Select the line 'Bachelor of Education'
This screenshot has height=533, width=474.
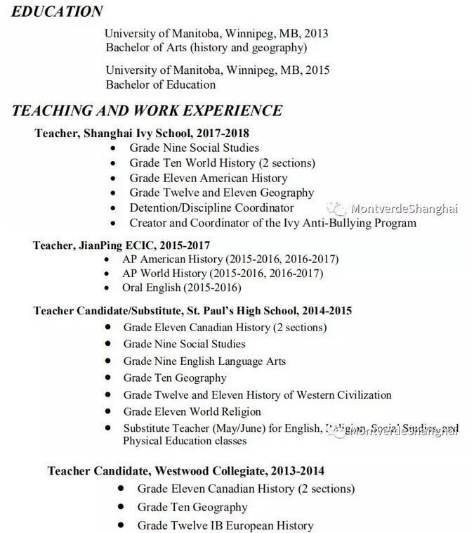click(161, 84)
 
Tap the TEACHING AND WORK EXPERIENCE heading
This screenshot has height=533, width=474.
click(147, 110)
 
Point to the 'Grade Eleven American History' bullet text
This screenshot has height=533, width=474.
click(208, 178)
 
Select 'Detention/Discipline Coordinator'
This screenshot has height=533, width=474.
click(211, 207)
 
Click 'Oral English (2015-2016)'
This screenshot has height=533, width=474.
click(181, 288)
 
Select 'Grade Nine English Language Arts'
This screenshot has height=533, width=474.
click(204, 361)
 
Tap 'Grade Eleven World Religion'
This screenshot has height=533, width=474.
click(192, 411)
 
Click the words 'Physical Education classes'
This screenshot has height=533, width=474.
click(185, 441)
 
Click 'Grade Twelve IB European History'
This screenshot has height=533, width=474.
click(225, 525)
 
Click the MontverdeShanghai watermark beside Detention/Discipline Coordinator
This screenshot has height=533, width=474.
click(404, 209)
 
